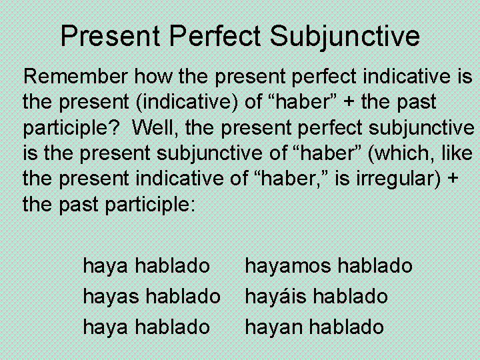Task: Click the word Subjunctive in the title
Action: (345, 36)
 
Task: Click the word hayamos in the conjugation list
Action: (289, 266)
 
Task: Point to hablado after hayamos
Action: (375, 266)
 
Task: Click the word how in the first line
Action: (156, 77)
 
